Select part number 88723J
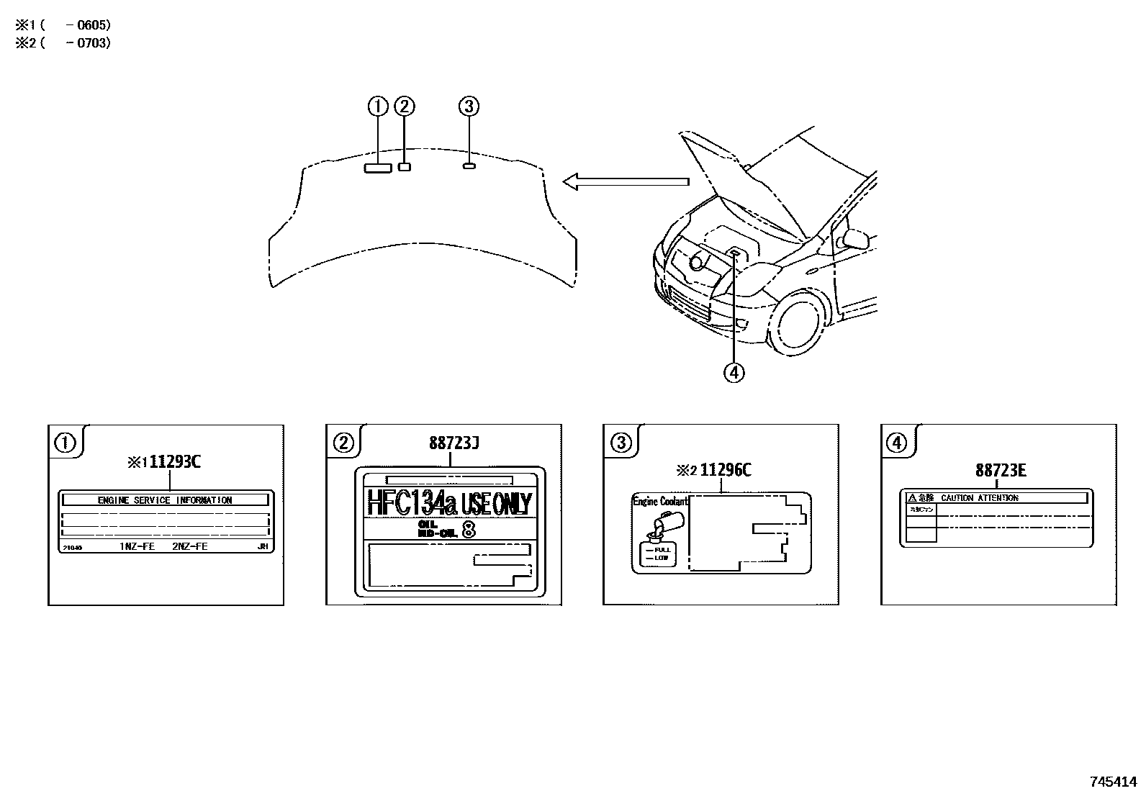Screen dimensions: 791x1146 (454, 443)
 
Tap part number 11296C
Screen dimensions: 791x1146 (726, 470)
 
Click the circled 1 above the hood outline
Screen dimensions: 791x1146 (378, 107)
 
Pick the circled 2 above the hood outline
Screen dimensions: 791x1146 (405, 107)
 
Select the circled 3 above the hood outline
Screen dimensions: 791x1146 (469, 107)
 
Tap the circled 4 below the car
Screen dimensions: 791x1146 (734, 372)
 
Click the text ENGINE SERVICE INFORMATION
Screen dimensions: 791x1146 (165, 500)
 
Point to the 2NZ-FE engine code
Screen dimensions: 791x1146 (190, 547)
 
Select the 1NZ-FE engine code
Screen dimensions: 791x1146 (137, 547)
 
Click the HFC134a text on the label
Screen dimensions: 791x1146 (412, 503)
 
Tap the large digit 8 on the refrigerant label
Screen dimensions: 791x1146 (468, 531)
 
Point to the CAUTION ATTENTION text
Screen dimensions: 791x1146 (979, 498)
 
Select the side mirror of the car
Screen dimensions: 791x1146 (855, 239)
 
